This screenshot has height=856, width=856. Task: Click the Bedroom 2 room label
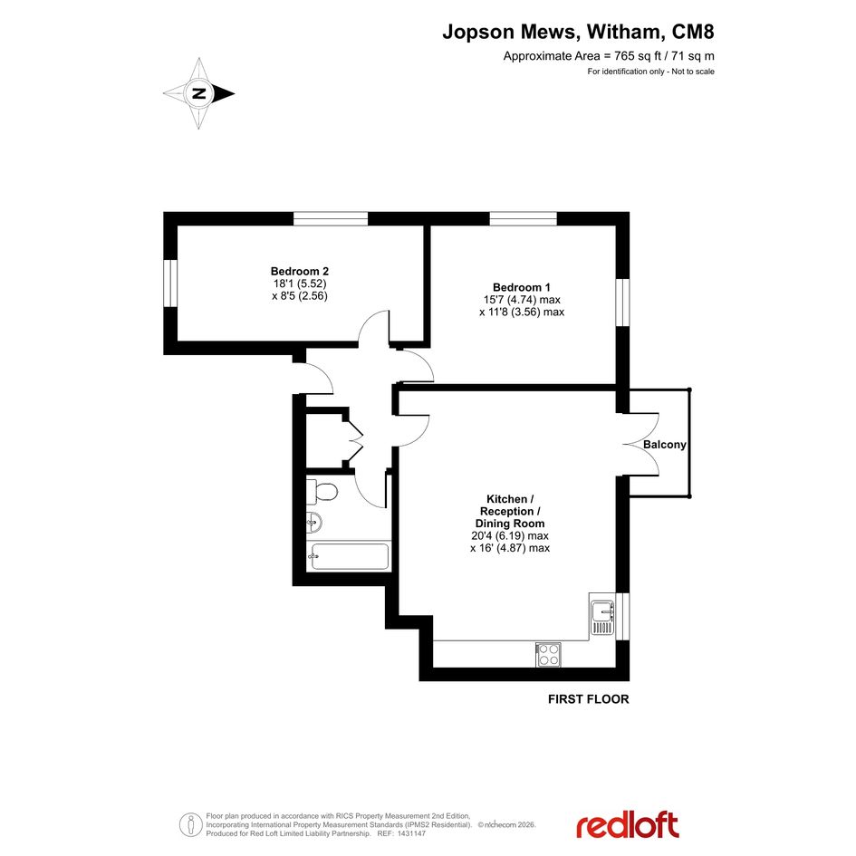[x=300, y=272]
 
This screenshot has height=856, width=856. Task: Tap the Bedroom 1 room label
[x=522, y=287]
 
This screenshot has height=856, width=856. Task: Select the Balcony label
[x=664, y=445]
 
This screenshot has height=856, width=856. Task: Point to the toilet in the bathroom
[x=322, y=492]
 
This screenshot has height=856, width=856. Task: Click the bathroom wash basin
[x=314, y=523]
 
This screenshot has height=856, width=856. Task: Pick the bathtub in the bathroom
[x=349, y=556]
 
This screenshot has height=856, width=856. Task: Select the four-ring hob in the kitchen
[x=548, y=654]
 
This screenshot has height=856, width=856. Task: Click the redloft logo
[x=627, y=825]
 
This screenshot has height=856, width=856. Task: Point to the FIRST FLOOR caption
[x=589, y=698]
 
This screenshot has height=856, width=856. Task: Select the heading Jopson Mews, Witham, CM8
[x=578, y=32]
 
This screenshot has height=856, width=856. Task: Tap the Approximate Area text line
[x=609, y=55]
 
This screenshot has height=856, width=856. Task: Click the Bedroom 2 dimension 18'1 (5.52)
[x=300, y=284]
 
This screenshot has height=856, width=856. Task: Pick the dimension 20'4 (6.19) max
[x=510, y=535]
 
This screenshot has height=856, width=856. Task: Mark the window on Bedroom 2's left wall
[x=170, y=283]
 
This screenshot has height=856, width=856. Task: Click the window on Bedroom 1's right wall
[x=623, y=303]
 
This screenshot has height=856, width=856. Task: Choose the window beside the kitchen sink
[x=623, y=616]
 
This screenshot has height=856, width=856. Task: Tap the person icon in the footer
[x=190, y=824]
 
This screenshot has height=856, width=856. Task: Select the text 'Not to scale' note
[x=693, y=72]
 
